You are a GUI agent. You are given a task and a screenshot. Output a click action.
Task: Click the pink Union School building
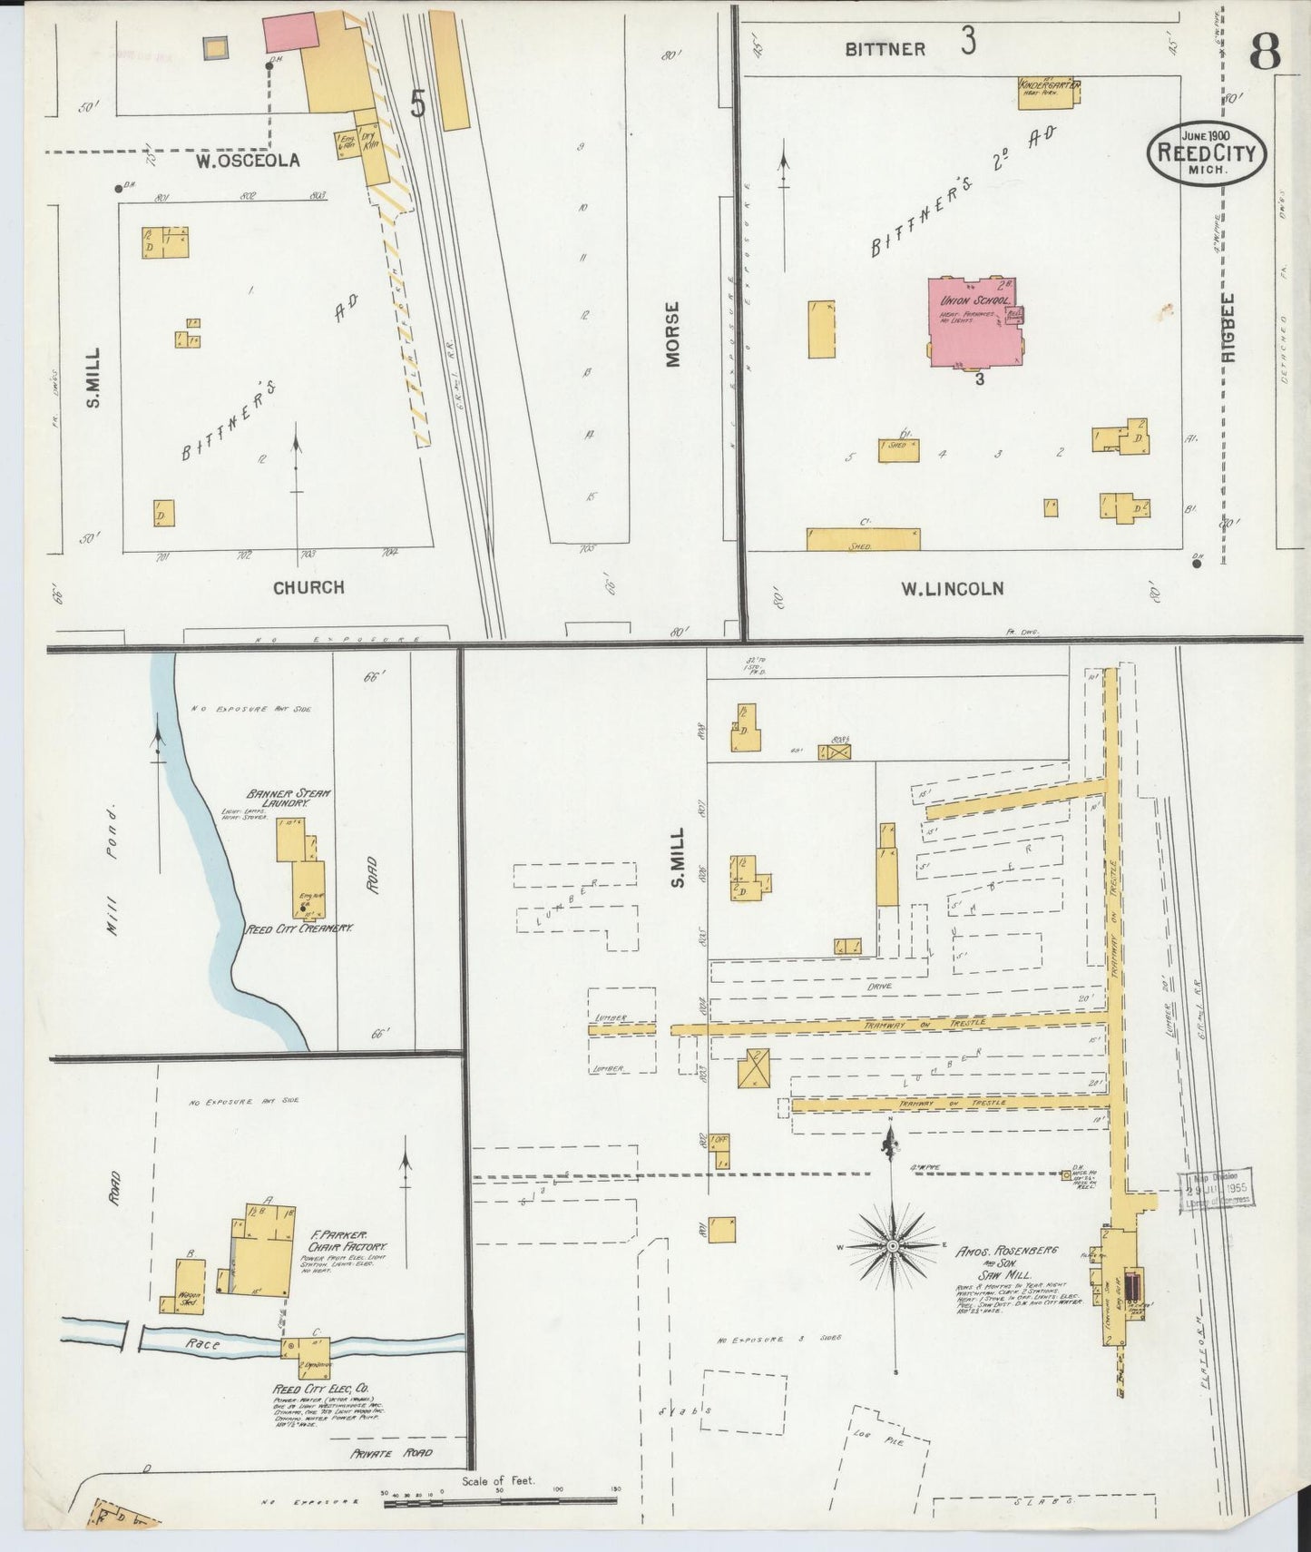[971, 322]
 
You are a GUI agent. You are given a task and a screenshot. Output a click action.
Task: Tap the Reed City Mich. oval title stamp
[1207, 152]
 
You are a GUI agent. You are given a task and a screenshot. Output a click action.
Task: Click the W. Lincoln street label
[952, 588]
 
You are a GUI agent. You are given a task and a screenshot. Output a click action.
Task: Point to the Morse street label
[672, 334]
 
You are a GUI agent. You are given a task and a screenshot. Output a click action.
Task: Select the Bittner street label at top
[885, 49]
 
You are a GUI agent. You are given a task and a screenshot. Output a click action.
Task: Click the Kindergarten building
[1048, 93]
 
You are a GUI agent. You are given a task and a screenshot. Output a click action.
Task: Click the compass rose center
[893, 1247]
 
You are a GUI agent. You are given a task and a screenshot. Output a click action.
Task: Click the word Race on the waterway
[201, 1344]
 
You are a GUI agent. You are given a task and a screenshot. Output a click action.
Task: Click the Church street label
[309, 586]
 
